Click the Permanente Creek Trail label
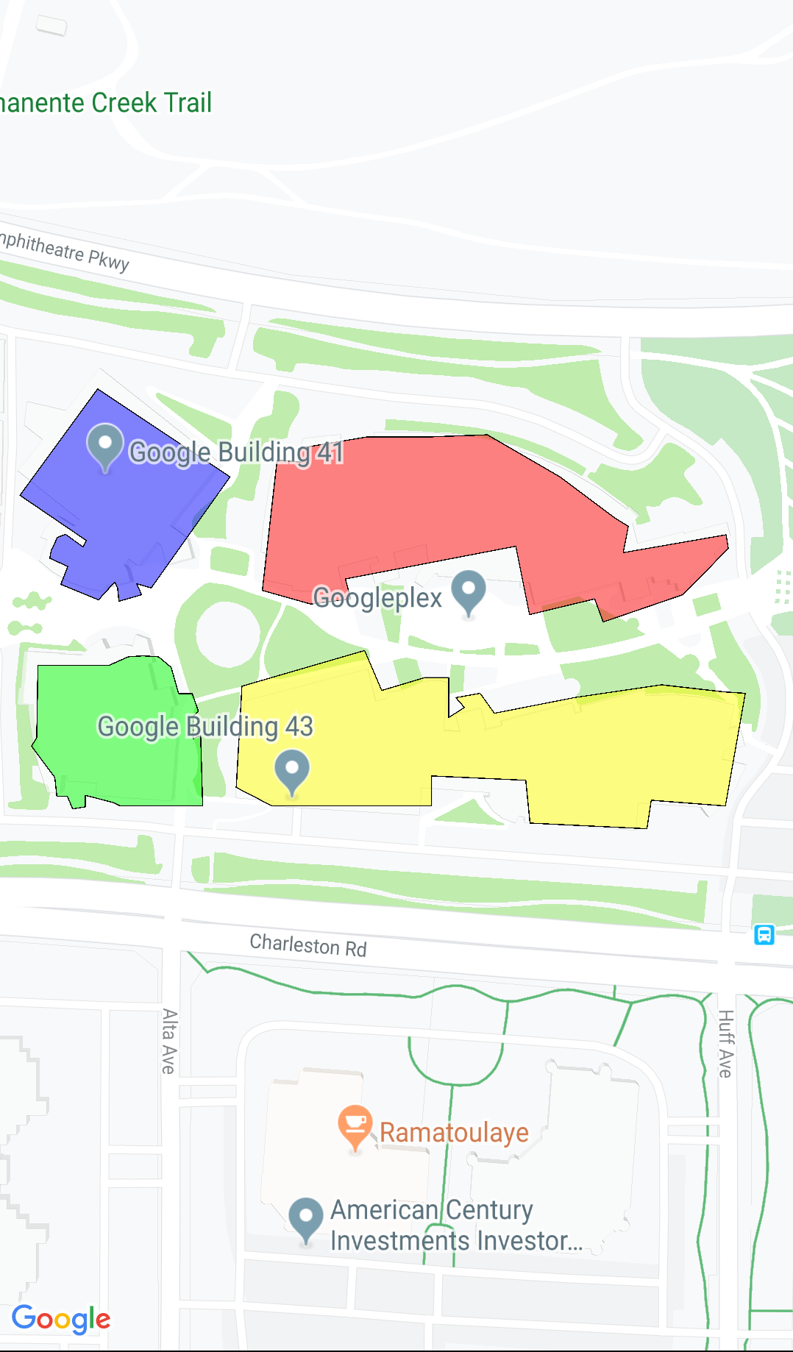(x=106, y=103)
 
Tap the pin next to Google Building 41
(x=105, y=445)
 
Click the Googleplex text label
(x=377, y=598)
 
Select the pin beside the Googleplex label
(x=469, y=591)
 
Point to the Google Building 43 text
(x=205, y=727)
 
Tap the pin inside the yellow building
(x=292, y=770)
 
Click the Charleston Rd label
(x=308, y=945)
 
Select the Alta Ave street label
(x=169, y=1041)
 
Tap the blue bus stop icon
(x=764, y=935)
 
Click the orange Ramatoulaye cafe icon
(x=355, y=1125)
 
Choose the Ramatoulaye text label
(x=454, y=1133)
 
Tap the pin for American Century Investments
(x=306, y=1219)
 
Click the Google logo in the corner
(x=61, y=1319)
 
